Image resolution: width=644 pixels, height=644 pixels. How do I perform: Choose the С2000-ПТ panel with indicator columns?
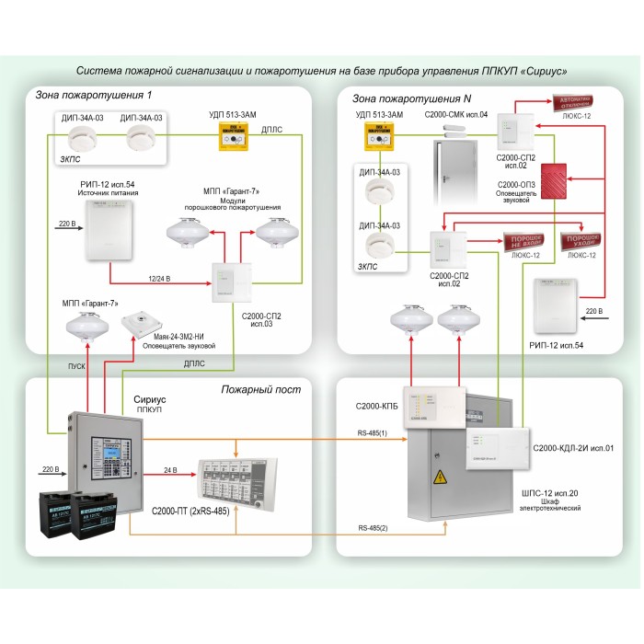238,477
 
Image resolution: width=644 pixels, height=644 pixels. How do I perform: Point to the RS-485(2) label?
373,528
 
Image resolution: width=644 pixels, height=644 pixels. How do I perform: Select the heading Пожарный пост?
260,389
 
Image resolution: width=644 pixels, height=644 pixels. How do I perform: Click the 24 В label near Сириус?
170,469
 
